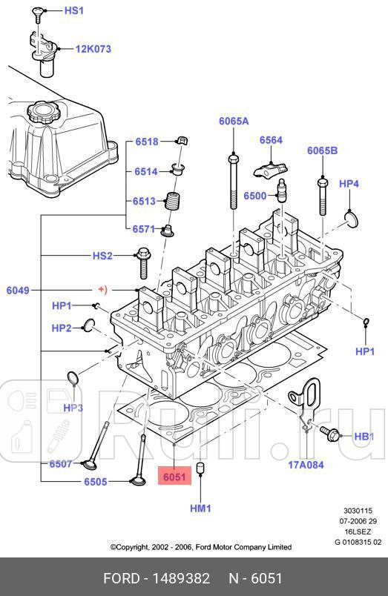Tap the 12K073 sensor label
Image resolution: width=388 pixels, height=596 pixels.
point(93,50)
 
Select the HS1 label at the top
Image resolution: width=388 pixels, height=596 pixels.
point(74,11)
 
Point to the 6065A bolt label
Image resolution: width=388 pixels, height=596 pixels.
point(233,121)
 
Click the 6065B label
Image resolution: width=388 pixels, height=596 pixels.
point(322,150)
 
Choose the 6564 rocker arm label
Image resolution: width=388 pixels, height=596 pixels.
point(271,140)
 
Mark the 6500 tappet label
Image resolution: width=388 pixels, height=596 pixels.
point(254,196)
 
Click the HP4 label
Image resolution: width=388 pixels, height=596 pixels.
point(349,184)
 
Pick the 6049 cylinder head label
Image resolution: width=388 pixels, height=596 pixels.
point(18,291)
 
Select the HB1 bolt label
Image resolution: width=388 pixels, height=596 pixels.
point(364,437)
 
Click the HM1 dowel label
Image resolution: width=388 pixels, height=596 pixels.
point(200,509)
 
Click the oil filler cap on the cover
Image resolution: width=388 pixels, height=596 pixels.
point(38,114)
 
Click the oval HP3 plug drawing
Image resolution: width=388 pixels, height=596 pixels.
point(73,380)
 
